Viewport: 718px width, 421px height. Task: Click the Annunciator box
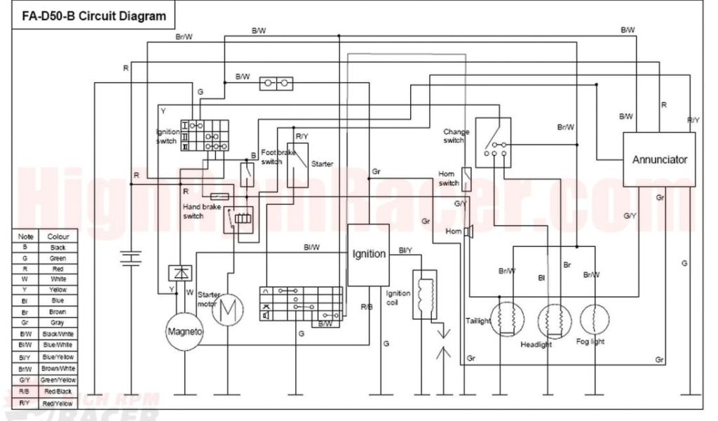pos(659,159)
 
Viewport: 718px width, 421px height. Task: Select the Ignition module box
pos(369,255)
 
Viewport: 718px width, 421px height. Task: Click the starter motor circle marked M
pos(226,311)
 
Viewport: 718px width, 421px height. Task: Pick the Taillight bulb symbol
pos(508,321)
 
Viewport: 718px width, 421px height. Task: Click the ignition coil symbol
pos(423,295)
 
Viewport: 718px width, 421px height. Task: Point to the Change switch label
pos(456,136)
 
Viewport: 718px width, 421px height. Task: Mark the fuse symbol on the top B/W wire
pos(276,84)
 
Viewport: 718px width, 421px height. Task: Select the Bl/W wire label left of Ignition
pos(312,247)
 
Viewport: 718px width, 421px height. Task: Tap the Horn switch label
pos(448,178)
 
